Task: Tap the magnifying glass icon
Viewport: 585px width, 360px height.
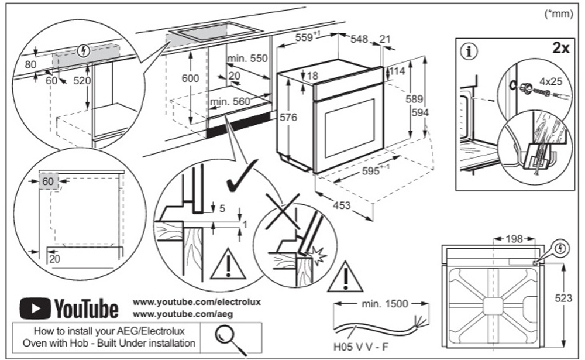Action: pyautogui.click(x=225, y=337)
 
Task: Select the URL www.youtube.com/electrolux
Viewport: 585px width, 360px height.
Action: pyautogui.click(x=197, y=302)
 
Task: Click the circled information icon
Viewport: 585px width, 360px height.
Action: pyautogui.click(x=468, y=51)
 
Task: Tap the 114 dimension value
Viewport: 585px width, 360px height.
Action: pyautogui.click(x=398, y=71)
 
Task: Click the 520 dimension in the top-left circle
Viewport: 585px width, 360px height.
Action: pyautogui.click(x=82, y=81)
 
